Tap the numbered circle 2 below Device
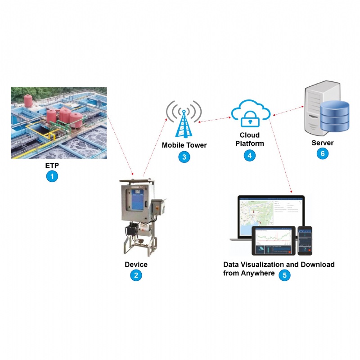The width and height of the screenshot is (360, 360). point(135,275)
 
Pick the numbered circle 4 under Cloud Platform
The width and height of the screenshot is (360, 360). point(249,156)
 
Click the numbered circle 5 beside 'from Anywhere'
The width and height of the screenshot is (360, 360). point(284,275)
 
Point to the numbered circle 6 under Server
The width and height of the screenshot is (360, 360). point(322,153)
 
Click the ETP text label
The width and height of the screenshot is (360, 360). point(53,166)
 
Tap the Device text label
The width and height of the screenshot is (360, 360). point(136,265)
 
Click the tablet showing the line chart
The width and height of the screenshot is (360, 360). point(273,240)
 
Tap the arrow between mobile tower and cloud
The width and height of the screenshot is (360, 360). point(215,120)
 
